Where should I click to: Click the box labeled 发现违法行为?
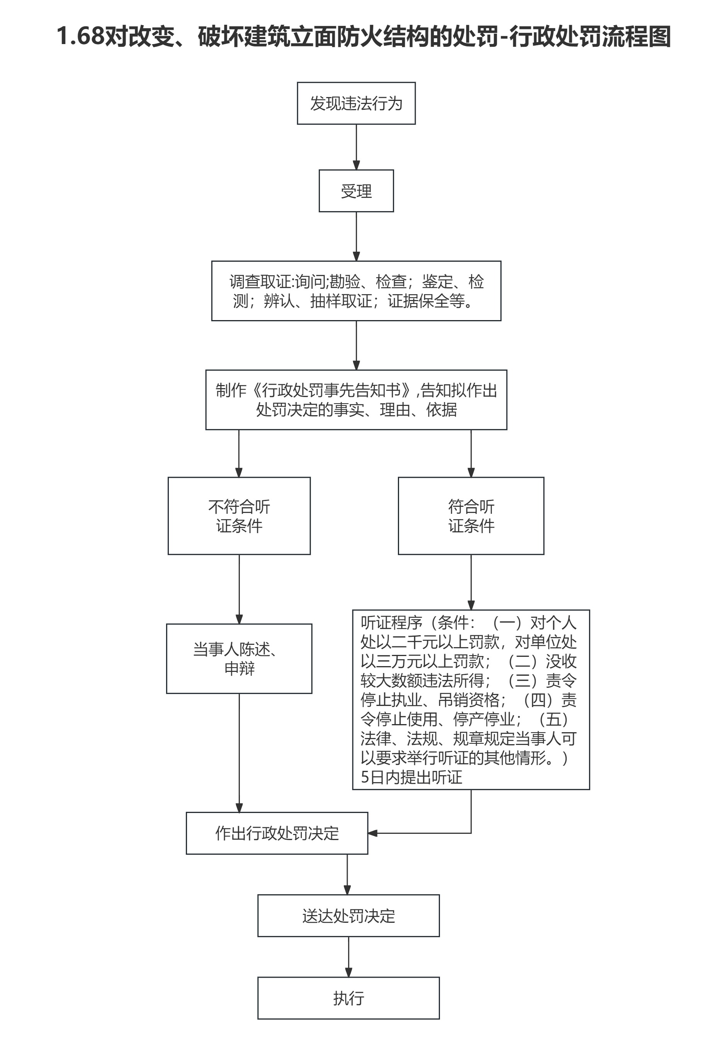tap(356, 104)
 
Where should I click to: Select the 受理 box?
tap(356, 191)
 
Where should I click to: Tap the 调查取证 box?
tap(356, 291)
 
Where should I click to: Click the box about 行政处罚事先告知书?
tap(356, 400)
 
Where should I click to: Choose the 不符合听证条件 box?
tap(239, 516)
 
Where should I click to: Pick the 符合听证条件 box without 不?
tap(471, 516)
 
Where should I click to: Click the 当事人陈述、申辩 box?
tap(239, 659)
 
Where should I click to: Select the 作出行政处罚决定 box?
tap(277, 833)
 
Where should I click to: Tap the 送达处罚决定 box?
tap(348, 915)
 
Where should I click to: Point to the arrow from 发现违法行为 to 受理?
tap(356, 147)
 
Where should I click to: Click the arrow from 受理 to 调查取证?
tap(356, 236)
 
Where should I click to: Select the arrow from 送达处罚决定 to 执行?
tap(348, 957)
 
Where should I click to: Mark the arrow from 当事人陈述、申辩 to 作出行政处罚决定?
tap(239, 753)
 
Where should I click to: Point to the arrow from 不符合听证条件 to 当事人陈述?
tap(239, 589)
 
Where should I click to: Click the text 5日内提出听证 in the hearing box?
tap(411, 777)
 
